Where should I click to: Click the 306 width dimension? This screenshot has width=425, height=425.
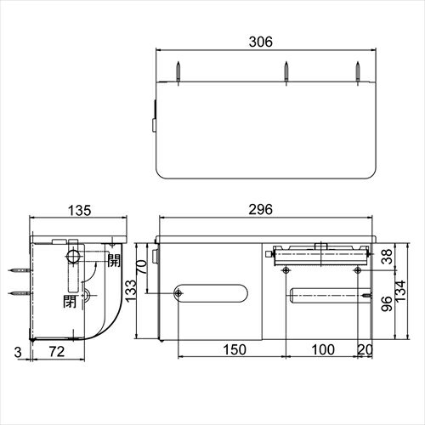261,42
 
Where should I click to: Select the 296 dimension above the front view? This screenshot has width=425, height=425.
260,210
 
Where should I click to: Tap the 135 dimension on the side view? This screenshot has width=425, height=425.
80,211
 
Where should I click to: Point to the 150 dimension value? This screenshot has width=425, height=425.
235,349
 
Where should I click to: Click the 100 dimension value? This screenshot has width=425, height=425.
323,349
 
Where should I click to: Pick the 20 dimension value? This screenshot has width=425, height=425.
365,349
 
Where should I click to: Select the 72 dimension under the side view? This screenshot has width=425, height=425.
57,352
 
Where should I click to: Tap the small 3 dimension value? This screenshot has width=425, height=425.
18,352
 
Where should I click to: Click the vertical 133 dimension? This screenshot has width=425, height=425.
131,291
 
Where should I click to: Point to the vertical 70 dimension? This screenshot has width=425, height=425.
142,267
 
